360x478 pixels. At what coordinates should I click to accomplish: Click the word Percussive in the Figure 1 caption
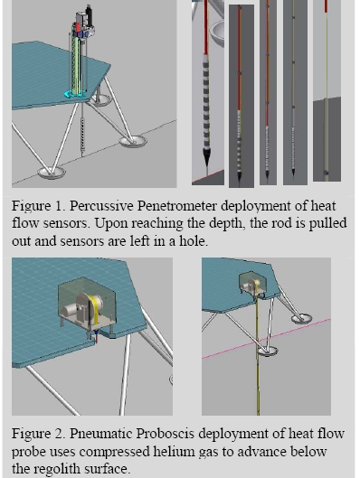pos(101,206)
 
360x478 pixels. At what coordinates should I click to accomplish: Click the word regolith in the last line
pos(54,469)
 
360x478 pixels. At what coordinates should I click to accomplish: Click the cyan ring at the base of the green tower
pos(74,95)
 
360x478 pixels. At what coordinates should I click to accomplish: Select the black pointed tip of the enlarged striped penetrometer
pos(207,158)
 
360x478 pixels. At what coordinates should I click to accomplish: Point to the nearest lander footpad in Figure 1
pos(52,173)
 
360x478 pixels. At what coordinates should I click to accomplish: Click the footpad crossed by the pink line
pos(268,351)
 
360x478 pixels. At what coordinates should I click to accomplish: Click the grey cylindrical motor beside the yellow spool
pos(70,313)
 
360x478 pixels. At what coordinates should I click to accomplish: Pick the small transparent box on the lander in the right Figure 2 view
pos(252,283)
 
